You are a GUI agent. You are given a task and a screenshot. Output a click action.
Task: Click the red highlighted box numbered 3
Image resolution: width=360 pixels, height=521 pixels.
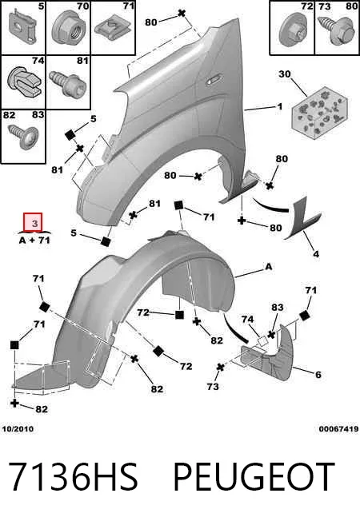pyautogui.click(x=33, y=222)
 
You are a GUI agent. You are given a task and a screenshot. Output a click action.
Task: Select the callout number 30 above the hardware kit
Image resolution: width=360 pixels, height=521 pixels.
pyautogui.click(x=285, y=74)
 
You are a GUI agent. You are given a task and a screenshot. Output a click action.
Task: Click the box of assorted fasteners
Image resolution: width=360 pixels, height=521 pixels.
pyautogui.click(x=319, y=113)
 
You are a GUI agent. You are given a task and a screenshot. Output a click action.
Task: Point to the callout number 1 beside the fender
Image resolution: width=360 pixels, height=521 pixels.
pyautogui.click(x=279, y=106)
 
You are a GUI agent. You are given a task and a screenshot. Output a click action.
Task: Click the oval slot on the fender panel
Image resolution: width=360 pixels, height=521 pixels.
pyautogui.click(x=212, y=80)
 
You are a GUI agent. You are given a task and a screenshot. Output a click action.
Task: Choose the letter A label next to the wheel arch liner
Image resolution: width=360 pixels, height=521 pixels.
pyautogui.click(x=269, y=266)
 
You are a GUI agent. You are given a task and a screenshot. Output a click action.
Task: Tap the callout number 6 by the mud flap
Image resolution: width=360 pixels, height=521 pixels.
pyautogui.click(x=318, y=375)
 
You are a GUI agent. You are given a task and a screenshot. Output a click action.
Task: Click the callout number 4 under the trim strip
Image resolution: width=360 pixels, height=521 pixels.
pyautogui.click(x=316, y=254)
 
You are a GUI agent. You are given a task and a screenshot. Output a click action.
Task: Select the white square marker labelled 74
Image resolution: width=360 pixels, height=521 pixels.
pyautogui.click(x=262, y=341)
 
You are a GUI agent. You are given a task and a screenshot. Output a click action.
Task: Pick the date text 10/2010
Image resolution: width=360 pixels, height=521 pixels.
pyautogui.click(x=18, y=428)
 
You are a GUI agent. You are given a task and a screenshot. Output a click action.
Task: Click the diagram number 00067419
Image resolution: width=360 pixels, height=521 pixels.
pyautogui.click(x=338, y=428)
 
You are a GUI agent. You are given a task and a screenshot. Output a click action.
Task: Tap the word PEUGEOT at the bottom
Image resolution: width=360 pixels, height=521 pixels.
pyautogui.click(x=254, y=476)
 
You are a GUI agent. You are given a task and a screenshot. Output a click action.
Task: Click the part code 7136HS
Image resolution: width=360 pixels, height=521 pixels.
pyautogui.click(x=73, y=476)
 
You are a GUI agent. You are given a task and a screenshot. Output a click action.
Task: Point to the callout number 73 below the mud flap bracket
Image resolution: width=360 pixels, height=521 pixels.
pyautogui.click(x=213, y=386)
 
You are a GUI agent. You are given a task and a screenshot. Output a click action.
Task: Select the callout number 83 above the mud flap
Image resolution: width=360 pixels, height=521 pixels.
pyautogui.click(x=277, y=308)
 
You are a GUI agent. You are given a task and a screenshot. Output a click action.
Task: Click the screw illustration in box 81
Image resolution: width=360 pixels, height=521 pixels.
pyautogui.click(x=68, y=83)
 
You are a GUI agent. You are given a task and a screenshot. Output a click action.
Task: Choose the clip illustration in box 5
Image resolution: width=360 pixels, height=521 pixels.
pyautogui.click(x=22, y=26)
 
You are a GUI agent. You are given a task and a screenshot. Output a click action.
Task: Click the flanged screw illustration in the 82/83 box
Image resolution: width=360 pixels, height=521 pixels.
pyautogui.click(x=23, y=136)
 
